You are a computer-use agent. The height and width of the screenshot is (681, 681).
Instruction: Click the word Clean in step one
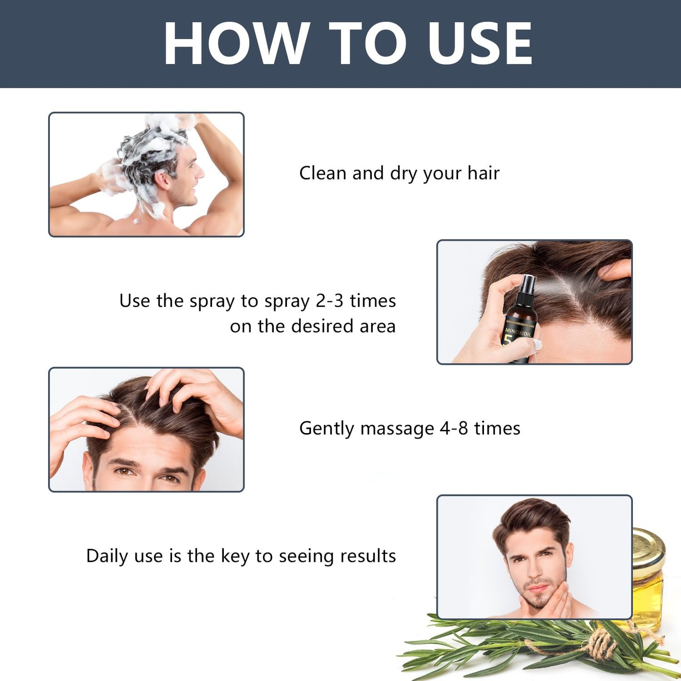click(323, 173)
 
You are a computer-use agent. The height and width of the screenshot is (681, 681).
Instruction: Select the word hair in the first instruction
click(483, 173)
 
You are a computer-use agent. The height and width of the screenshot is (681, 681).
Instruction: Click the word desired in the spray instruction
click(322, 326)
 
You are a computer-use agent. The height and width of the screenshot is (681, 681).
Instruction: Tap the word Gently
click(327, 428)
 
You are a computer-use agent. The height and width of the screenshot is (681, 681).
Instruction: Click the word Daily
click(107, 556)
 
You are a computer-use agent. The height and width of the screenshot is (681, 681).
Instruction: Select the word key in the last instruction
click(235, 556)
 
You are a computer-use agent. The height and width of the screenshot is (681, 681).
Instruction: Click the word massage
click(397, 428)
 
